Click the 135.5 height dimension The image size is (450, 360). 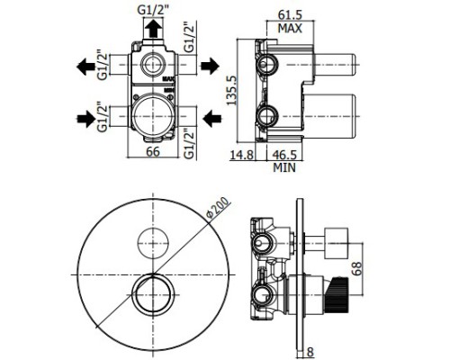[231, 90]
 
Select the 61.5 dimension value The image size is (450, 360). [290, 14]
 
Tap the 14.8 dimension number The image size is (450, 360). [242, 155]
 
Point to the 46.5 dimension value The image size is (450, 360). [284, 155]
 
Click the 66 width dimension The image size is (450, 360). [153, 152]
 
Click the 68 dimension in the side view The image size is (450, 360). [357, 268]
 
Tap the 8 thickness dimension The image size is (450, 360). [310, 352]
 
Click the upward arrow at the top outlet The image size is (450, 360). [153, 28]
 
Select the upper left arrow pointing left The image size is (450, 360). [85, 67]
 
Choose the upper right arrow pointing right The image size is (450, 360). [210, 66]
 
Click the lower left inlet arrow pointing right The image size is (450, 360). [85, 119]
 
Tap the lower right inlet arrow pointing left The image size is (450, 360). [212, 119]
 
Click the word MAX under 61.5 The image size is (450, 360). [290, 29]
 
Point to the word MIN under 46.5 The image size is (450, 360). [284, 167]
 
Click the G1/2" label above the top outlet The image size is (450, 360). [153, 10]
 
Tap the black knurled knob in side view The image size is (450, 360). [337, 296]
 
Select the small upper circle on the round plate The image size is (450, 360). [153, 243]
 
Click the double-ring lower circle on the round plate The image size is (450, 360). [153, 295]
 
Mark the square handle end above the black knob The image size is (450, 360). [337, 243]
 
